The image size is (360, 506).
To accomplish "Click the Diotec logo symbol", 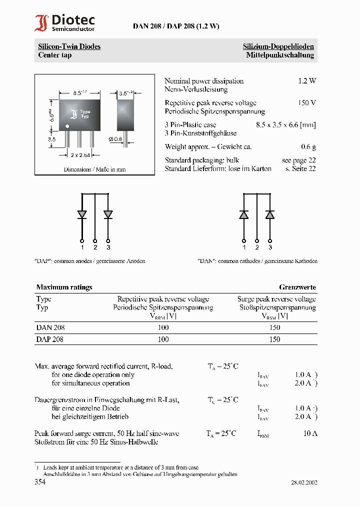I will pos(41,23).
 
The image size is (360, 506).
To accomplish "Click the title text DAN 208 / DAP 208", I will pos(175,26).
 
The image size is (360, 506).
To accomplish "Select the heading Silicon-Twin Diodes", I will pos(69,46).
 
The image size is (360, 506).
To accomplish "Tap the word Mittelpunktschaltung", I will pos(280,55).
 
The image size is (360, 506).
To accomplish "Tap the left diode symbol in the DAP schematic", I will pos(82,214).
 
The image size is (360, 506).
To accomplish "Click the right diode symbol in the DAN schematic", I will pos(270,214).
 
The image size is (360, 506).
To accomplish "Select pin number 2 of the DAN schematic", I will pos(257,247).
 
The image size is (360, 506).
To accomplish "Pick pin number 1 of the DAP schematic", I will pos(82,247).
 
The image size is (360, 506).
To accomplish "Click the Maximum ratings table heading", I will pos(64,287).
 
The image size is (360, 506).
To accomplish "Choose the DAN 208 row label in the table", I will pos(50,327).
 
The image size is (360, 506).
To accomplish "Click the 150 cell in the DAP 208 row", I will pos(274,339).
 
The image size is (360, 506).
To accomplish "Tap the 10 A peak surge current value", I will pos(310,433).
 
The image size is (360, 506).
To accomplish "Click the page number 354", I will pos(40,482).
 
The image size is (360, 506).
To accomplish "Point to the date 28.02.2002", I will pos(304,482).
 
